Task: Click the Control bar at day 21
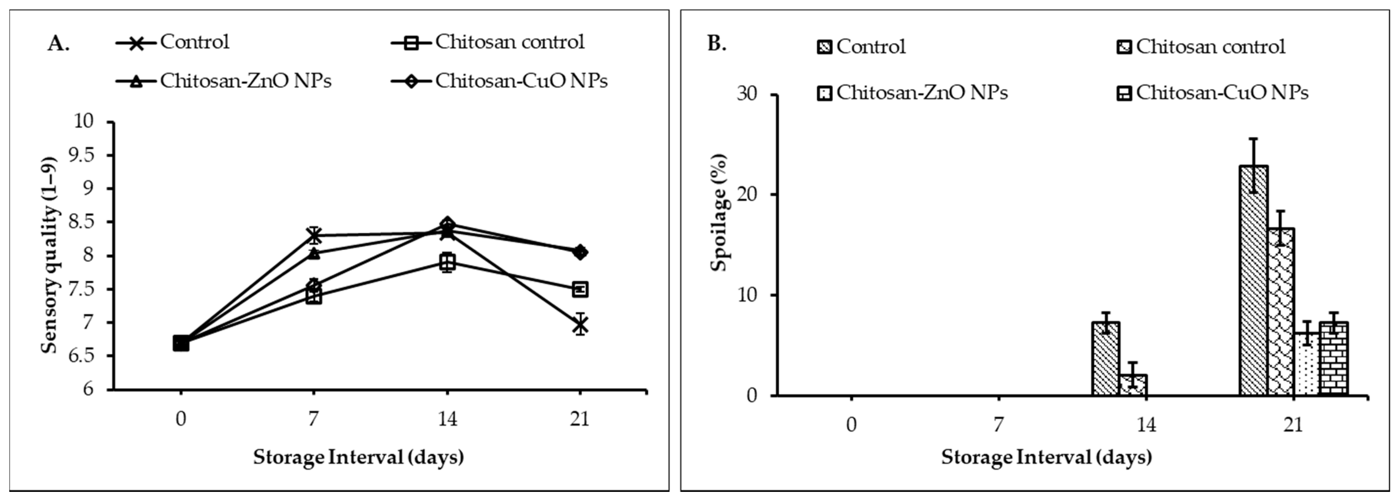tap(1254, 280)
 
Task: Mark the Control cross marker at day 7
tap(313, 235)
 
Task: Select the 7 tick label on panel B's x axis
tap(998, 424)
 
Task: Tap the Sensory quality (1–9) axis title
tap(49, 256)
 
